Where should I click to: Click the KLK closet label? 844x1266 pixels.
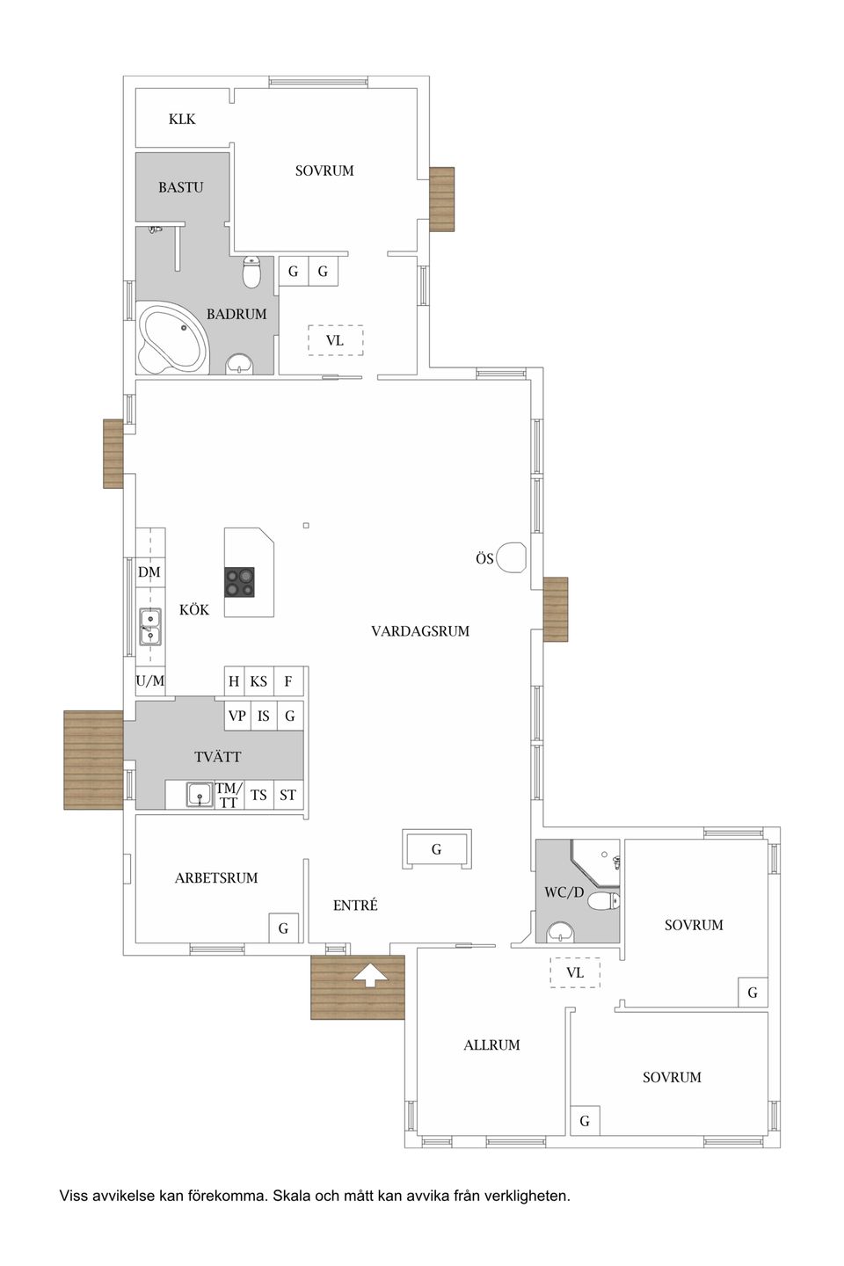(182, 119)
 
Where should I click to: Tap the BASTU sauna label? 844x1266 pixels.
(180, 187)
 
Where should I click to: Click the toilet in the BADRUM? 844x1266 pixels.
(251, 272)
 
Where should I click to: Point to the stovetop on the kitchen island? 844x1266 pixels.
(239, 582)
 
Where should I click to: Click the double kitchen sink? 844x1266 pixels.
(150, 627)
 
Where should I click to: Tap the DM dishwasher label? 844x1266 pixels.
(149, 572)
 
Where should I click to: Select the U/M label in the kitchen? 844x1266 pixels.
(149, 681)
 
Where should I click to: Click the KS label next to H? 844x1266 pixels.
(258, 681)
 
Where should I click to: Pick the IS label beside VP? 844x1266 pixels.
(264, 716)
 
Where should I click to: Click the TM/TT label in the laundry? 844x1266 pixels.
(229, 795)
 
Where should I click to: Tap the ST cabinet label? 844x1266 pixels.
(287, 795)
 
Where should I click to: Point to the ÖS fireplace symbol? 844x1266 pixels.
(513, 557)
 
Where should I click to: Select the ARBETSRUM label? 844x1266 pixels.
(216, 877)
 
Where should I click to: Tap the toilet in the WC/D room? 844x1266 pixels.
(603, 901)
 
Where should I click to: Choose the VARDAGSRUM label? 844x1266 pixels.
(420, 630)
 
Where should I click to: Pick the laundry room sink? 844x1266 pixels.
(200, 795)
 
